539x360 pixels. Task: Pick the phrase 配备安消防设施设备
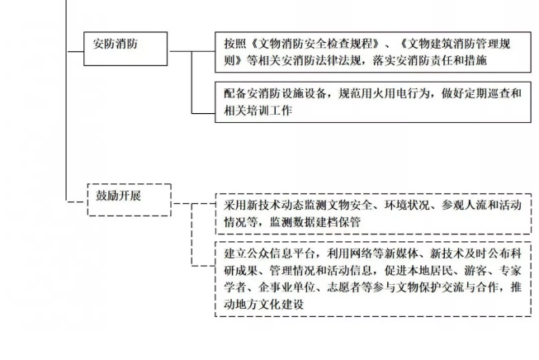pyautogui.click(x=277, y=94)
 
